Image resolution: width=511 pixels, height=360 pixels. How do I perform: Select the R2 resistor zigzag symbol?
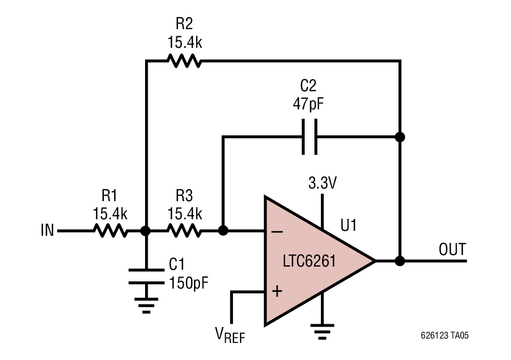pos(185,60)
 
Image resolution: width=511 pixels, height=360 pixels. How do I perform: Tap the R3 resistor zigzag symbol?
pos(185,231)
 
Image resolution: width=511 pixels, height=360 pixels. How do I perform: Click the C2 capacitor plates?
pos(309,137)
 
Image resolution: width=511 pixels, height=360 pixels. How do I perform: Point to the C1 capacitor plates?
pos(146,276)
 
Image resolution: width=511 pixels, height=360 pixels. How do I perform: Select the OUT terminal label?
pos(452,250)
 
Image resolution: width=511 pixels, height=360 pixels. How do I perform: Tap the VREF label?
pos(230,334)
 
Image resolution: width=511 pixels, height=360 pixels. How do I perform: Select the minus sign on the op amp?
pos(277,231)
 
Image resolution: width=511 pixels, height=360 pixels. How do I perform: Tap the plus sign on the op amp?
pos(277,291)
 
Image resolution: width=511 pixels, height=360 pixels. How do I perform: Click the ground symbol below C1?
pos(146,305)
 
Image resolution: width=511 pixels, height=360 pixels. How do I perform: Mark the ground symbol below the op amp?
pos(322,330)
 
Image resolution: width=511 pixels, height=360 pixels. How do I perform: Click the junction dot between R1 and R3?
pos(146,231)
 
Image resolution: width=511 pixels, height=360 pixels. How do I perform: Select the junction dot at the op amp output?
pos(400,261)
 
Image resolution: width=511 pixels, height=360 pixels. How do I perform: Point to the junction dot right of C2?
pos(400,137)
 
